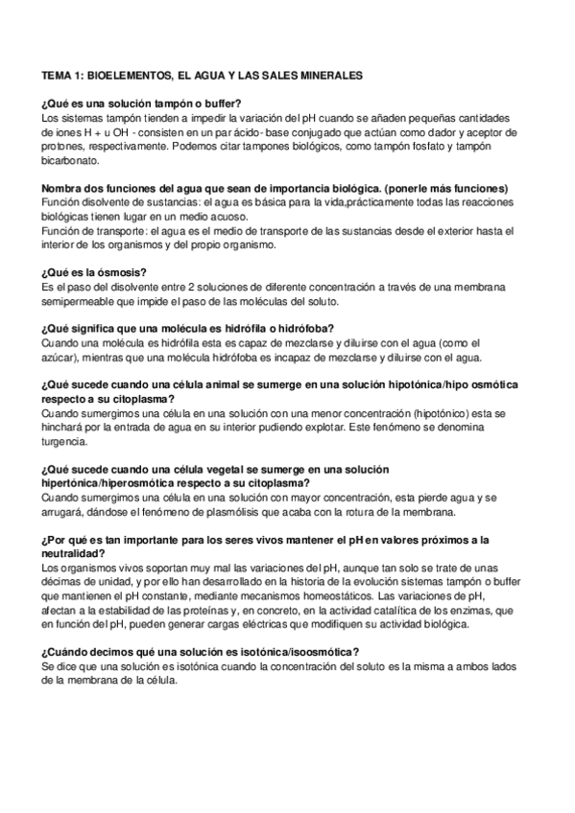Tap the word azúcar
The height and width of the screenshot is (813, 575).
(60, 358)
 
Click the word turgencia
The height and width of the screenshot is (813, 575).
(64, 443)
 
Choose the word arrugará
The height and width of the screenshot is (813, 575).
(66, 513)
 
